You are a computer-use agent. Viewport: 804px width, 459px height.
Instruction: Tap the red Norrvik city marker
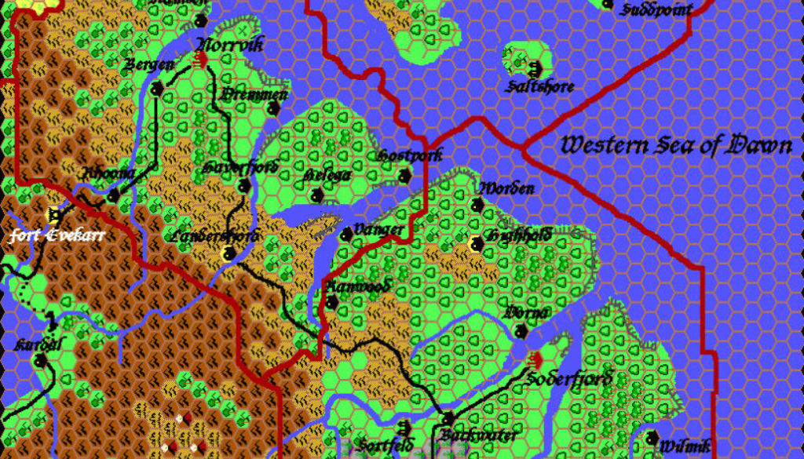[x=201, y=59]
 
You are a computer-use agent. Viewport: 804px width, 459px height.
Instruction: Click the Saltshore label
[x=541, y=86]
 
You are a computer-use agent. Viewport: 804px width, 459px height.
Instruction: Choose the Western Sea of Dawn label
[x=676, y=145]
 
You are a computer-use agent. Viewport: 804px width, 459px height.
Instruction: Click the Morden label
[x=506, y=188]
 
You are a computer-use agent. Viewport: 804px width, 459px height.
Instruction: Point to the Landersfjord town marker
[x=228, y=253]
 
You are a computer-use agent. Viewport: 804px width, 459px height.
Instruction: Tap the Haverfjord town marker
[x=244, y=187]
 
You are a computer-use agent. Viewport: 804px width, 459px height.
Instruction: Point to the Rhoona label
[x=109, y=173]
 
